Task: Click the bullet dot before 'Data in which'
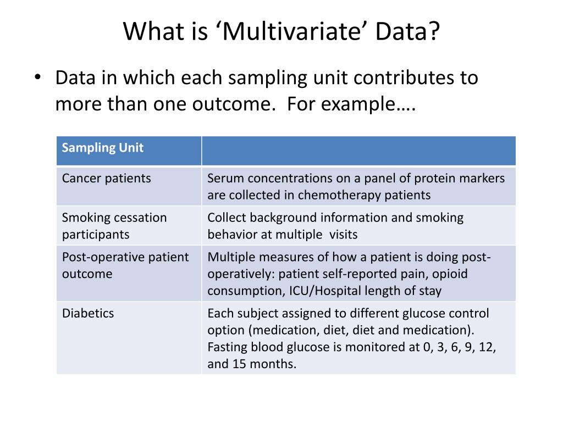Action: [x=37, y=78]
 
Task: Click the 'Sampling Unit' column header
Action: [x=103, y=148]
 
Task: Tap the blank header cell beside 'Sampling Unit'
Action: [x=358, y=151]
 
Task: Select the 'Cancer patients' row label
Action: [x=106, y=179]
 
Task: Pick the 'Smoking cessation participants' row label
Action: [x=114, y=226]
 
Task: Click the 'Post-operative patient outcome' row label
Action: [x=125, y=265]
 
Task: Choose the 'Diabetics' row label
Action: [x=88, y=313]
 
